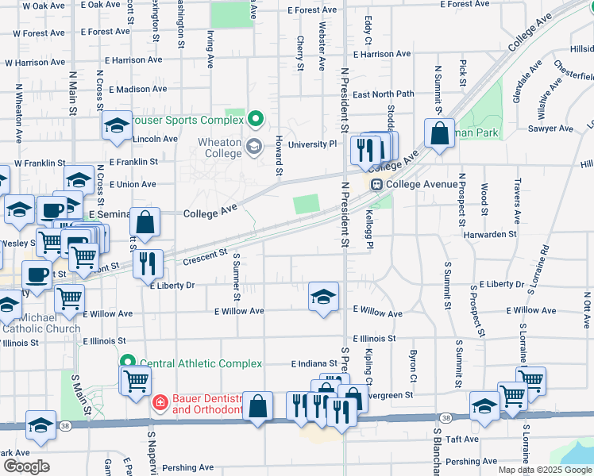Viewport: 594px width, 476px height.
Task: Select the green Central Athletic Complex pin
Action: point(127,363)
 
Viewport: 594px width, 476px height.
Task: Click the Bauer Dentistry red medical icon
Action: point(160,403)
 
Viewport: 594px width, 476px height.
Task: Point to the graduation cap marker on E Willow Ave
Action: point(322,297)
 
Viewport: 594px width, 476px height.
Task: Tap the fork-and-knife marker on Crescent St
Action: point(148,264)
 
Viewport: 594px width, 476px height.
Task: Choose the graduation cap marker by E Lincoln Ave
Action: point(117,125)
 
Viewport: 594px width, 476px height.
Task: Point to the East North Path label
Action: point(384,94)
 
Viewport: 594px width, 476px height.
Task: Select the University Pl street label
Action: point(313,144)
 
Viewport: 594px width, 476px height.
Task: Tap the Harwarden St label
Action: point(490,235)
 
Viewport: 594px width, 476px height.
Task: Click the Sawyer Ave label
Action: point(550,129)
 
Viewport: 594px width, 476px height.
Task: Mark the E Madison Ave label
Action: point(137,90)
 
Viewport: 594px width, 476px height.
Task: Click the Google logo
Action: point(26,466)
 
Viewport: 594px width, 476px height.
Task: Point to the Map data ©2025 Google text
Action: point(544,470)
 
